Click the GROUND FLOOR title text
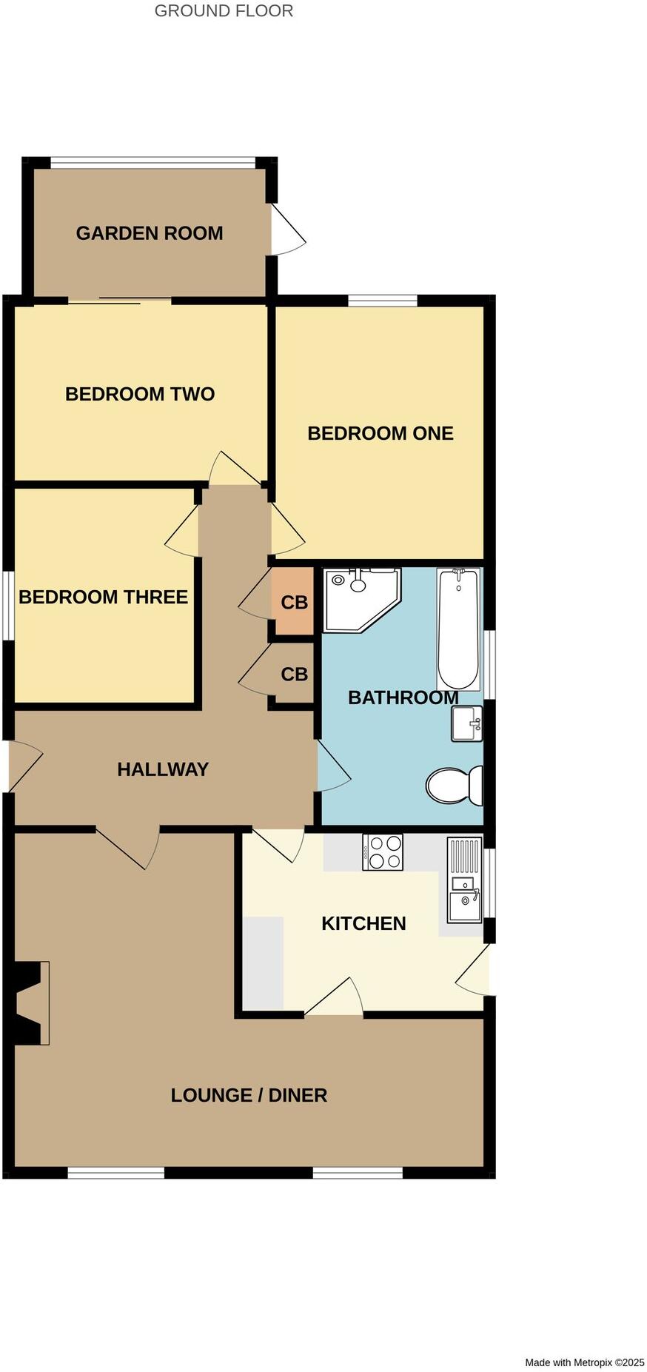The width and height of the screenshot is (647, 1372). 224,11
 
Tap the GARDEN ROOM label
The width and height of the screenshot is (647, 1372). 150,233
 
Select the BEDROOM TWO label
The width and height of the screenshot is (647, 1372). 140,394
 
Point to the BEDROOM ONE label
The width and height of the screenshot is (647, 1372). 381,433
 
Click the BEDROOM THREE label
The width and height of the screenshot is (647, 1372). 103,597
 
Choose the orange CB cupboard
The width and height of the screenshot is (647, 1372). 294,602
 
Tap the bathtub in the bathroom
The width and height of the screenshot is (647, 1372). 458,629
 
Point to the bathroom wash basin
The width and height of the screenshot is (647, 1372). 466,723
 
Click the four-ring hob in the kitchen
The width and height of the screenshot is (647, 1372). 383,851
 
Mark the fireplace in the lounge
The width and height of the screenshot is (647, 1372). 32,1003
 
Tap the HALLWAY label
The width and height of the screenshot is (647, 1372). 163,769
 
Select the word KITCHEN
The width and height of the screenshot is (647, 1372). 363,923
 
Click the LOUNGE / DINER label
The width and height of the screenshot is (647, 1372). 249,1095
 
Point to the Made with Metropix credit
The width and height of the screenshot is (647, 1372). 584,1362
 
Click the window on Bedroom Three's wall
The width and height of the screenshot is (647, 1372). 8,604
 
